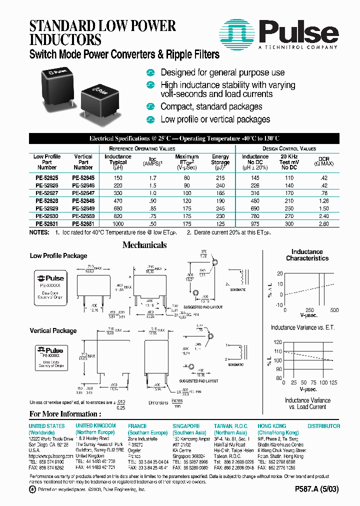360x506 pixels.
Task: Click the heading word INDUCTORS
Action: coord(65,39)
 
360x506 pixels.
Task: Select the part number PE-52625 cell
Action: coord(47,177)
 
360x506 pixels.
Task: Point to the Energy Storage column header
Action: coord(220,162)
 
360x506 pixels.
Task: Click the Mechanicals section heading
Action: coord(144,245)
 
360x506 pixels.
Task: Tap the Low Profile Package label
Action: coord(58,256)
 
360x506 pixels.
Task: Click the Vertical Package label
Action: coord(53,330)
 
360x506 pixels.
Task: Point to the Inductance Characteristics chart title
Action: coord(307,255)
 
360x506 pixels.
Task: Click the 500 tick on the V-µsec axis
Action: coord(333,310)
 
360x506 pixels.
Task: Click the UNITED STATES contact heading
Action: coord(46,426)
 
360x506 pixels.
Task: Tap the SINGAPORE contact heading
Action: coord(186,426)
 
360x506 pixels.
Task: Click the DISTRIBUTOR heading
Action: coord(323,426)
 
